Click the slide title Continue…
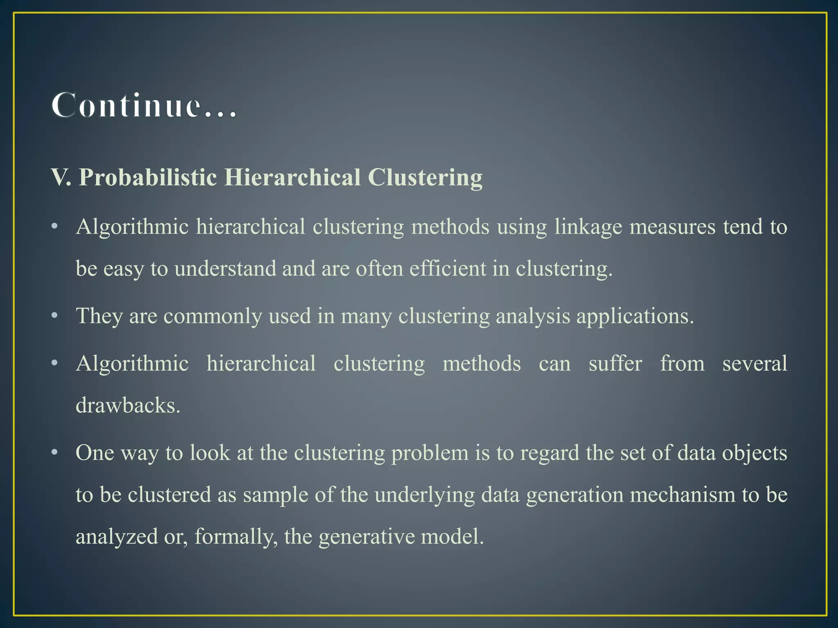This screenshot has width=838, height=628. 144,105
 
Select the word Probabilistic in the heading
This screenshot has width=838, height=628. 148,178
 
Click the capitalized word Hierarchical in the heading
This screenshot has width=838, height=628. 292,178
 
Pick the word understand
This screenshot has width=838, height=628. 225,269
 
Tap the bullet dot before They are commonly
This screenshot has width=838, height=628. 55,316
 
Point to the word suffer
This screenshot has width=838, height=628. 615,363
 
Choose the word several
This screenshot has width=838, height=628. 755,363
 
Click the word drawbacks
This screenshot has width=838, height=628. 128,406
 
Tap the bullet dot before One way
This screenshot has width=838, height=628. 55,453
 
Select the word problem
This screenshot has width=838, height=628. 430,453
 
